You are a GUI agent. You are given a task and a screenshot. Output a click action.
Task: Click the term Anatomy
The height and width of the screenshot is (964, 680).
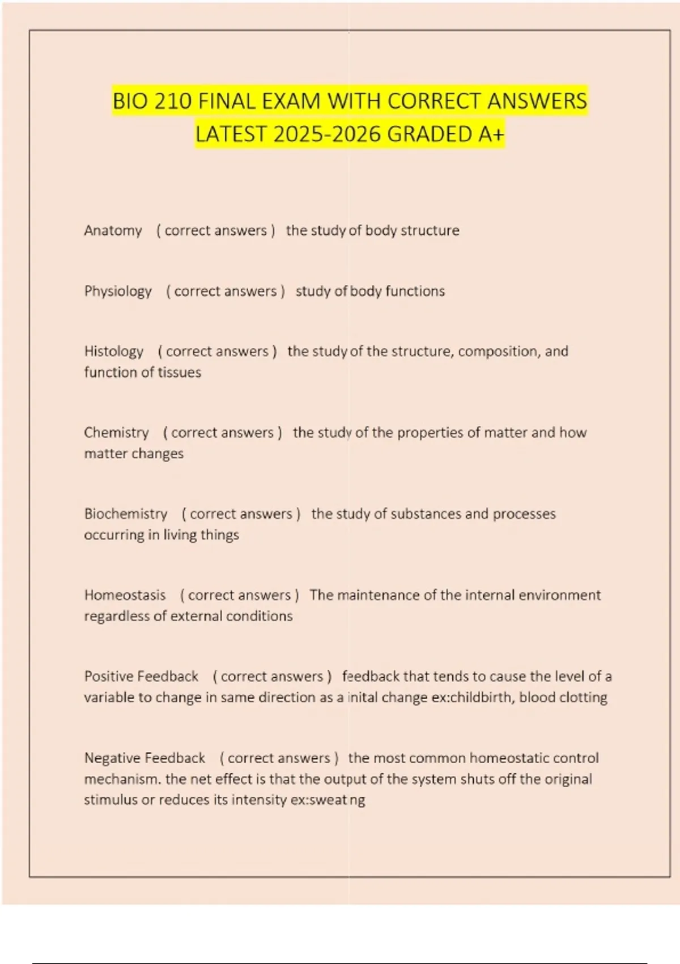pos(113,231)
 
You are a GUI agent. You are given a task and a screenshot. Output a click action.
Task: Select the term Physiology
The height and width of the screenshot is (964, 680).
pos(118,291)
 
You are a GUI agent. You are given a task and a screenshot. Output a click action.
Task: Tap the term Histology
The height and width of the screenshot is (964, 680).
pos(114,352)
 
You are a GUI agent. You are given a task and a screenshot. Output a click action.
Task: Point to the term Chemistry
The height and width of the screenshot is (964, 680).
pos(116,433)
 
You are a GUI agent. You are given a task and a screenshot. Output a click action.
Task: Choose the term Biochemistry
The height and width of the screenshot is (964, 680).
pos(126,514)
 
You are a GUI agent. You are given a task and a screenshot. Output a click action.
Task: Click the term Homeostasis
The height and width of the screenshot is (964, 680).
pos(125,595)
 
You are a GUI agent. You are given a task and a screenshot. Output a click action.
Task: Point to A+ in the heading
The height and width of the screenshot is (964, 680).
pos(491,135)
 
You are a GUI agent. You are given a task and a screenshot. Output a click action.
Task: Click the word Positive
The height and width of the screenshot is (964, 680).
pos(109,677)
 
